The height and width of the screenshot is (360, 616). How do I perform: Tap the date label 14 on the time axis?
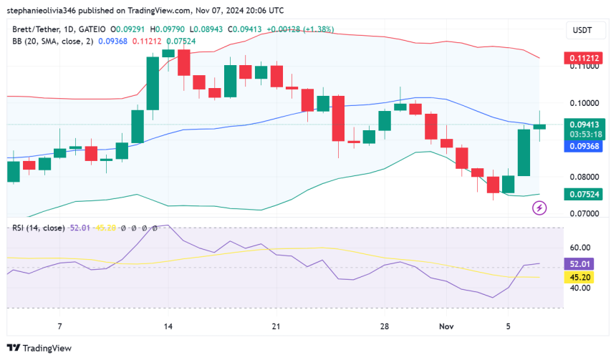(168, 326)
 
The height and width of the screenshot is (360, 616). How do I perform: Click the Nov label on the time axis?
(446, 326)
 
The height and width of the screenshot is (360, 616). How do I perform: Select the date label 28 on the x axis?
(385, 326)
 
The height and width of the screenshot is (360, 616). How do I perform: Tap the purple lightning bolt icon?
(540, 208)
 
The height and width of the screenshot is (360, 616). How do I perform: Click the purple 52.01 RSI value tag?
(580, 264)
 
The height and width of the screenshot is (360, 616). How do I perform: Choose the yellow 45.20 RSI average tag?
(580, 277)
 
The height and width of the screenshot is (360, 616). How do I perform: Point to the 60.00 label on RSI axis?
(580, 248)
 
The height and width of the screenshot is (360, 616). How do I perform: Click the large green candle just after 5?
(524, 152)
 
